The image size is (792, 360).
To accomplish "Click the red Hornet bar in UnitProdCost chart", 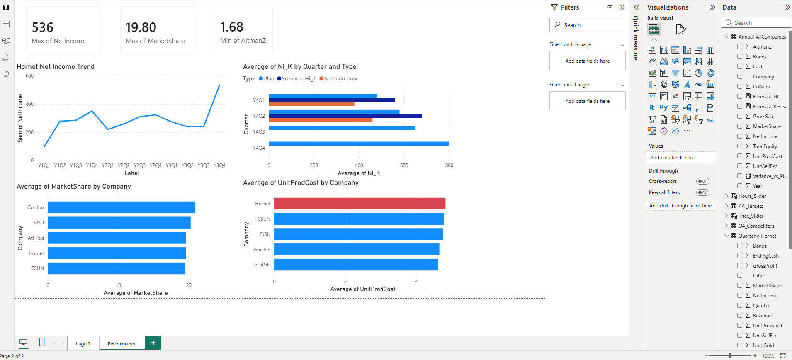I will pos(360,204).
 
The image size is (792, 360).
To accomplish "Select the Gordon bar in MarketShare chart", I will pos(121,207).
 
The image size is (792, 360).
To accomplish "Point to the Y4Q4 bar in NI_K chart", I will pos(359,144).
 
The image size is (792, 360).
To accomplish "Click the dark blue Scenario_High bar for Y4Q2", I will pos(345,116).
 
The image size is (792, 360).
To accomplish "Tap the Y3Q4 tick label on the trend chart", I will pos(219,165).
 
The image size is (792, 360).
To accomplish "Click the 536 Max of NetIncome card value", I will pos(43,27).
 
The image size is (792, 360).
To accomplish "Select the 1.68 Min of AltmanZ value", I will pos(231,27).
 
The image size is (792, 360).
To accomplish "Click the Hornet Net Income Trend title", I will pos(56,67).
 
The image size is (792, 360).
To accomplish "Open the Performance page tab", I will pos(122,344).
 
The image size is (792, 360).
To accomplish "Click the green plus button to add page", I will pos(153,343).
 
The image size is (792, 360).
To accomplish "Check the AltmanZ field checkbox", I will pos(740,47).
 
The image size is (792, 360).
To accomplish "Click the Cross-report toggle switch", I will pos(703,181).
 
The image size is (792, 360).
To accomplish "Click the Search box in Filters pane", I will pos(587,25).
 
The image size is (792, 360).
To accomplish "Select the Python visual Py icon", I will pos(663,108).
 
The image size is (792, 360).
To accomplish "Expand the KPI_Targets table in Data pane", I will pos(727,206).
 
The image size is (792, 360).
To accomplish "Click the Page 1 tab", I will pos(83,344).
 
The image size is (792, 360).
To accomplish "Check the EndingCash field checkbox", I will pos(740,256).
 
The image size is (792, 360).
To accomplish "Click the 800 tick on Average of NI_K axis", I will pos(449,165).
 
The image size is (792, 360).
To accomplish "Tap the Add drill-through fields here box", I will pos(680,206).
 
